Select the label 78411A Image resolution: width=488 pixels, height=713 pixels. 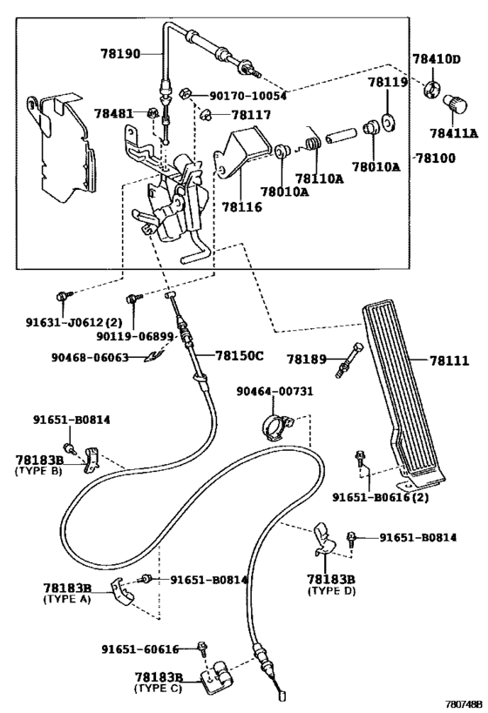click(451, 133)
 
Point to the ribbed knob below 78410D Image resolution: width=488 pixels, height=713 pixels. click(456, 104)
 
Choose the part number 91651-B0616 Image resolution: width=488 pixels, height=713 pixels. click(381, 497)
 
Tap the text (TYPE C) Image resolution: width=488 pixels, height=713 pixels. click(158, 687)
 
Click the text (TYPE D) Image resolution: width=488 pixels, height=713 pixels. click(332, 590)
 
